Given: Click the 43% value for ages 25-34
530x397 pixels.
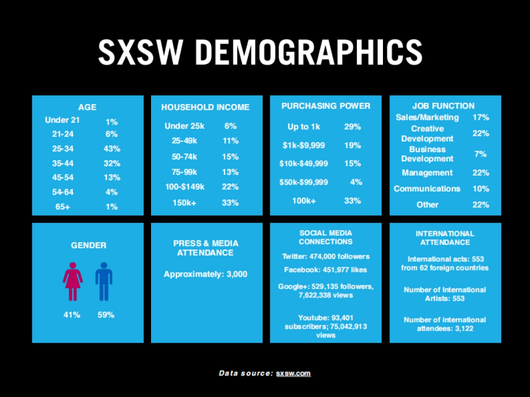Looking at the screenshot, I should click(112, 149).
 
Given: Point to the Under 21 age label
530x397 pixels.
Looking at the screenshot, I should click(63, 120).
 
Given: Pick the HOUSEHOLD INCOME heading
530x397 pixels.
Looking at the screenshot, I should click(205, 107).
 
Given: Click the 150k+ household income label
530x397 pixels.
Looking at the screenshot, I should click(185, 203).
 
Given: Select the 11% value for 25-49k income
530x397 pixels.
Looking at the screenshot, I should click(231, 141).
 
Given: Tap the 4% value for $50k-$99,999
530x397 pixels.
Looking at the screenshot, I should click(356, 182).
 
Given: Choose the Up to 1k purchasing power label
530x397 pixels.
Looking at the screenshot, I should click(304, 127).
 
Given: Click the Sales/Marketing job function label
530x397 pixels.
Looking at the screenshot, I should click(427, 117).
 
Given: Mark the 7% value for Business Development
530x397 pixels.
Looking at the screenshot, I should click(481, 154).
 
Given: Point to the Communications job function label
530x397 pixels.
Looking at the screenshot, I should click(427, 188).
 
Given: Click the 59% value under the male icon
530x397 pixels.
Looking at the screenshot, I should click(106, 315).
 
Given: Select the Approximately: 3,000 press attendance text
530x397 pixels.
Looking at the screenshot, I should click(205, 274).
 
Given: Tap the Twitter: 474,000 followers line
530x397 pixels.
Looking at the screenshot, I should click(326, 256).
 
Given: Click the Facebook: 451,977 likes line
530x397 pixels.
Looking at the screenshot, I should click(326, 270).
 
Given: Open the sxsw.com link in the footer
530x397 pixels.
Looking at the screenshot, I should click(293, 373).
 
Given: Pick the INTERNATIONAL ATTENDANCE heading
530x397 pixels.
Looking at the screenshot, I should click(445, 238).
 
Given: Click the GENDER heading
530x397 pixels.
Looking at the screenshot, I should click(89, 245).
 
